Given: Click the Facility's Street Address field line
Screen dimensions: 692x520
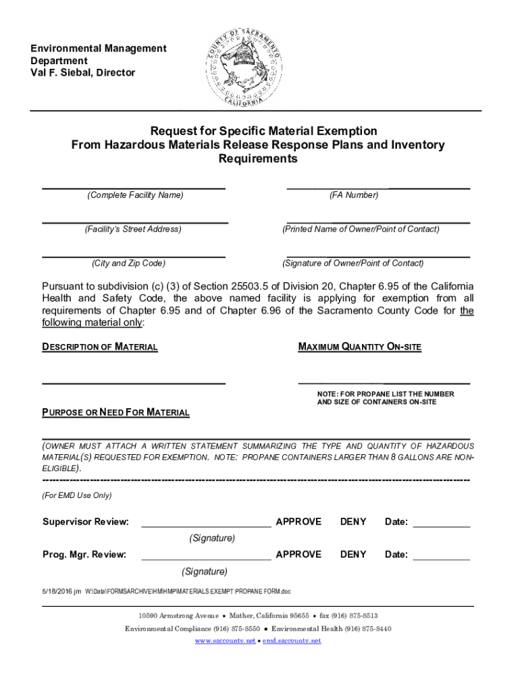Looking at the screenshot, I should [x=135, y=222].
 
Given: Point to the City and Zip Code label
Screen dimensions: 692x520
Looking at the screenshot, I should [x=128, y=264].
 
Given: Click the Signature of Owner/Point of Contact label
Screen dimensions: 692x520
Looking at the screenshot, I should [x=353, y=264].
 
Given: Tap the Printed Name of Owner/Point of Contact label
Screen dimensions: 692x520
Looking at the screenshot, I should [x=361, y=229].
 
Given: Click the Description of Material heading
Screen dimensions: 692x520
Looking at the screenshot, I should [x=100, y=347].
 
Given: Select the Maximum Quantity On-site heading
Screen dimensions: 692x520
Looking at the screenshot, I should [x=359, y=347].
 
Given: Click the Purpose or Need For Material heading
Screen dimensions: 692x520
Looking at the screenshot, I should [x=116, y=412].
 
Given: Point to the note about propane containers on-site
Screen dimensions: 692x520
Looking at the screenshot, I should [x=386, y=398].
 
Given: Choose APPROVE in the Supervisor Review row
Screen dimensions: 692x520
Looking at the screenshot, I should [x=298, y=522].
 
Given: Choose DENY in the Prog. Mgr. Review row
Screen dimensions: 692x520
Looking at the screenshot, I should [x=353, y=555].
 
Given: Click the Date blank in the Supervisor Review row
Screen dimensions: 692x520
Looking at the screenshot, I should [x=441, y=525].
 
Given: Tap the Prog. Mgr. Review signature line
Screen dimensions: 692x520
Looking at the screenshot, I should [x=205, y=559].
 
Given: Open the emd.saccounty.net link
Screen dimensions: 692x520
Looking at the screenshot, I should [x=292, y=641].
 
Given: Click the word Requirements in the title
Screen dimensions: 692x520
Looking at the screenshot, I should [x=257, y=159].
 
